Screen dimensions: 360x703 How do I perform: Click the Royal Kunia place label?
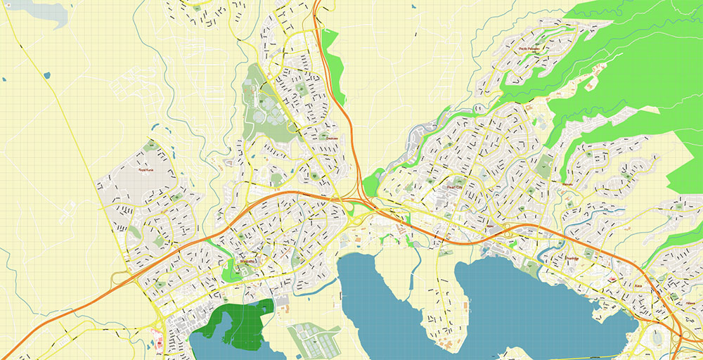click(x=146, y=169)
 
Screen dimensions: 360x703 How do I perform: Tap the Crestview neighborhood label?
click(x=332, y=139)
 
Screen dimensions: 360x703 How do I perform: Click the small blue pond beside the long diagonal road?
click(x=46, y=75)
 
